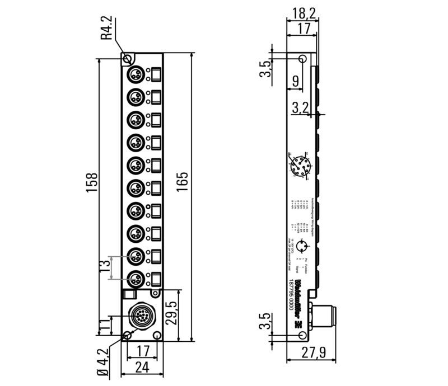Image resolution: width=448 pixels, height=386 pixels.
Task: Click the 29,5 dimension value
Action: [x=169, y=314]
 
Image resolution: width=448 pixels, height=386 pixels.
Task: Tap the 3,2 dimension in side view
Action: [x=303, y=107]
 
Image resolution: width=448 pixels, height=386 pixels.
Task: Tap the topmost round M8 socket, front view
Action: [x=136, y=74]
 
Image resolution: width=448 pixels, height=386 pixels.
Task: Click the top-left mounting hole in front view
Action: [x=128, y=59]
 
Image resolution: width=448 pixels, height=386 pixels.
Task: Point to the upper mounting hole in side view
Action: [x=302, y=59]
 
